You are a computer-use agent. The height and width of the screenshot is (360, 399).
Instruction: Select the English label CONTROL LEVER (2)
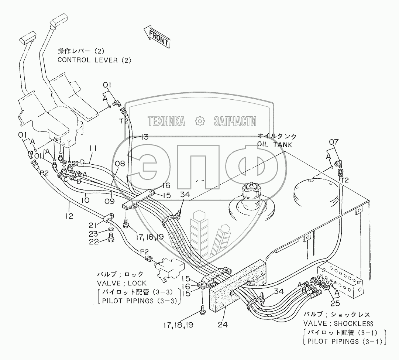[x=94, y=60]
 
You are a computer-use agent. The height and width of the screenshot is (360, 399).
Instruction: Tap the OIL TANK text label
[x=275, y=145]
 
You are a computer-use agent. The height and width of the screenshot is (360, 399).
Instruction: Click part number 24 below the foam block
[x=223, y=325]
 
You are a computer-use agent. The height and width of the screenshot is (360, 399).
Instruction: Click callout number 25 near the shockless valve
[x=335, y=304]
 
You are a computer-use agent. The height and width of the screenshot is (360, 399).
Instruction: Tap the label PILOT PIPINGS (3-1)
[x=344, y=342]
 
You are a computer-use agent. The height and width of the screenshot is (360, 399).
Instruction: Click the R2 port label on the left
[x=44, y=172]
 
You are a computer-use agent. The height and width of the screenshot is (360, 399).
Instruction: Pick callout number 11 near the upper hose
[x=93, y=148]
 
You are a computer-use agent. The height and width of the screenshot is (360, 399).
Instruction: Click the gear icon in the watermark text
[x=200, y=121]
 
